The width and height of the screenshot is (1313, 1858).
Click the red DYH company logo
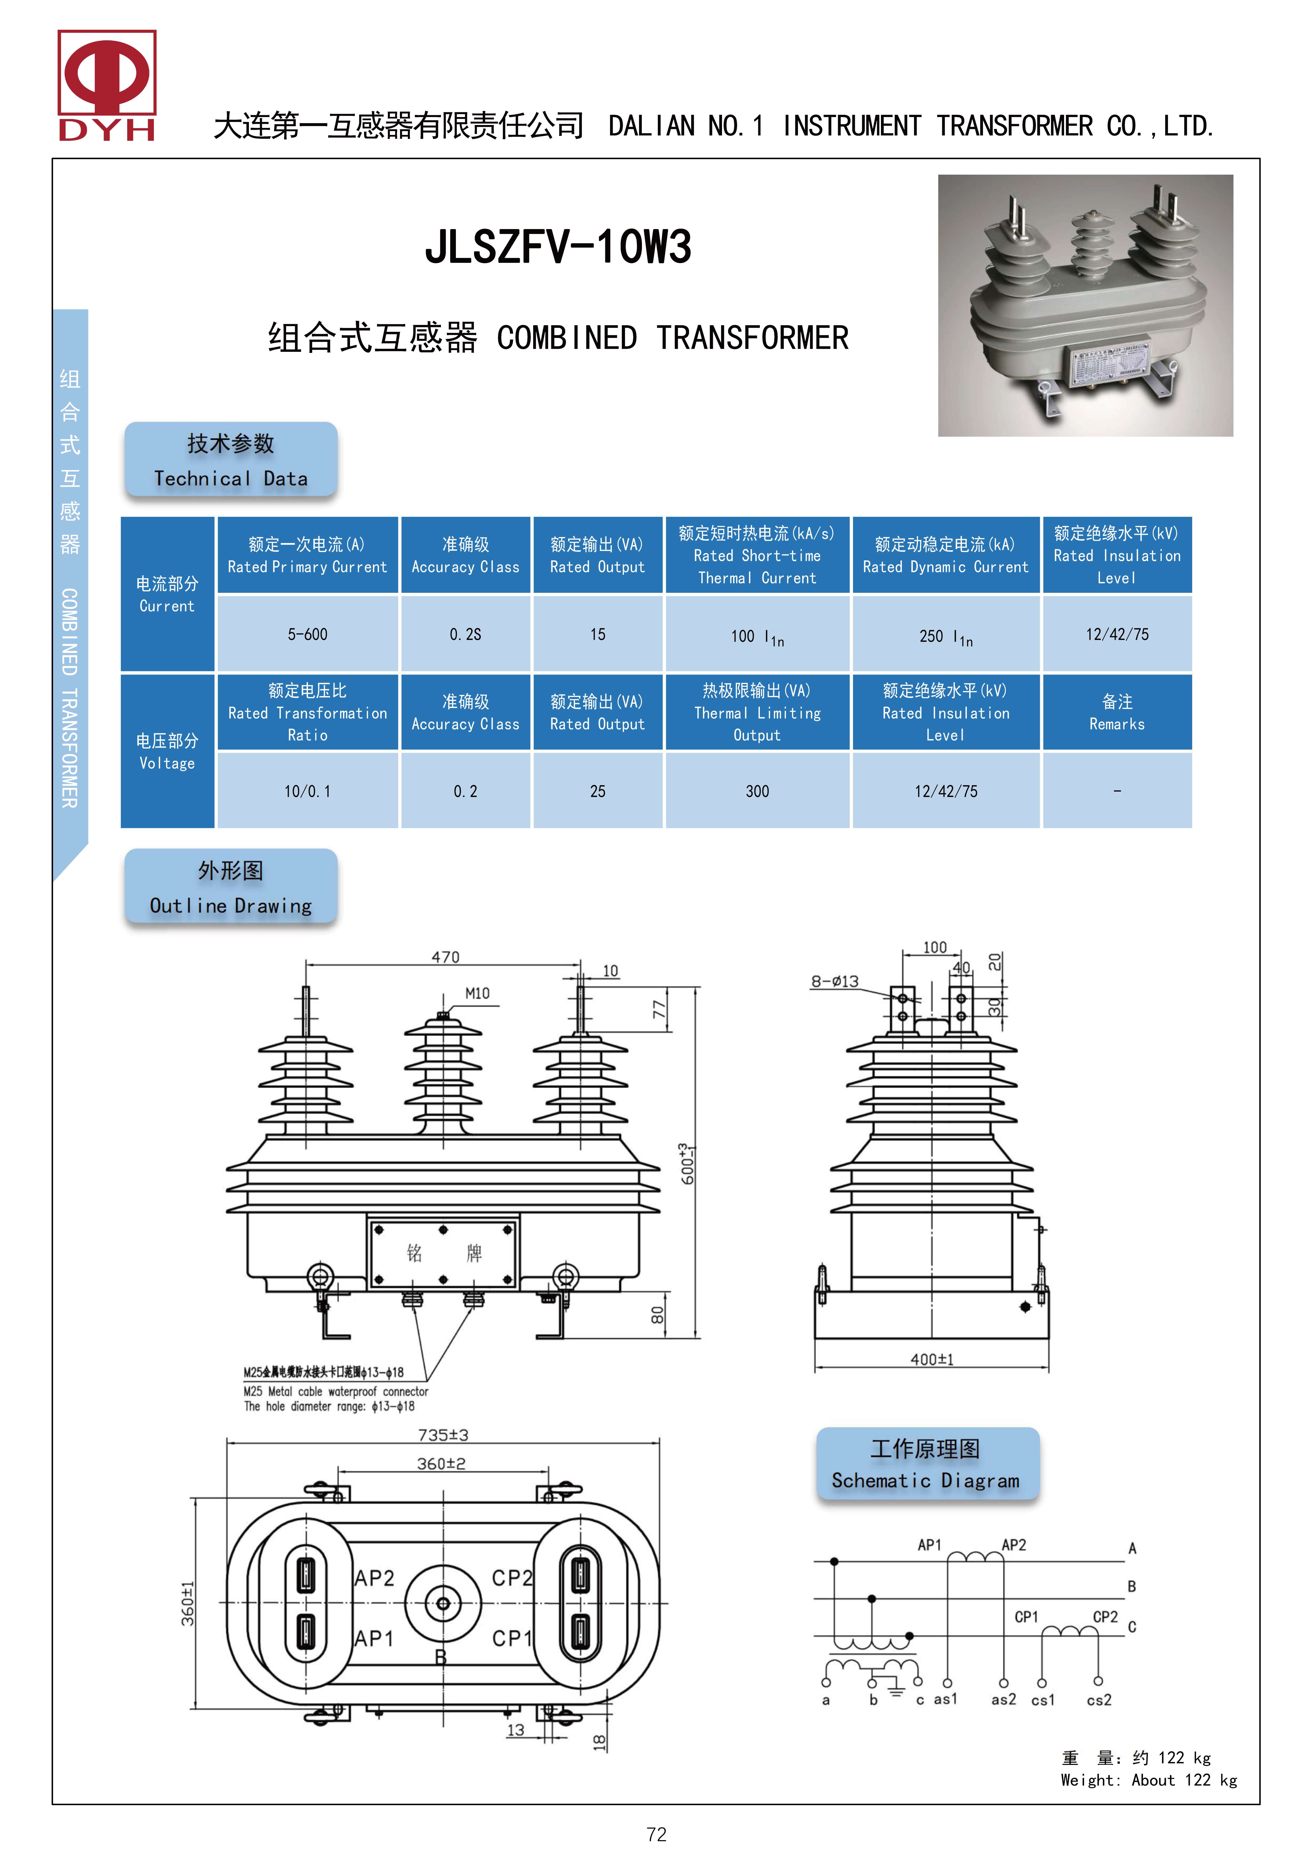pos(107,85)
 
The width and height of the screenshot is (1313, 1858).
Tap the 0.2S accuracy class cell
pos(465,634)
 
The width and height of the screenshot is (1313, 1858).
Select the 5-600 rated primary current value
pos(307,634)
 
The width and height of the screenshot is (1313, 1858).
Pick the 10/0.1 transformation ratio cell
pos(307,791)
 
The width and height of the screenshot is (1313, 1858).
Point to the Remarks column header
pos(1116,712)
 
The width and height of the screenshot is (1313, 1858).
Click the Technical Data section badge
pos(231,460)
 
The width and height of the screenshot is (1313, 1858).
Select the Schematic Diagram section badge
pos(926,1464)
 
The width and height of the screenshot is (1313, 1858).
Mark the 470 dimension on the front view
pos(445,957)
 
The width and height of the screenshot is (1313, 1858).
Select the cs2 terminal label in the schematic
pos(1099,1700)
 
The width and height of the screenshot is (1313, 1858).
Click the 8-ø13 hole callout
pos(835,982)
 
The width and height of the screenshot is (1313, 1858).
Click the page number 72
pos(656,1835)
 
